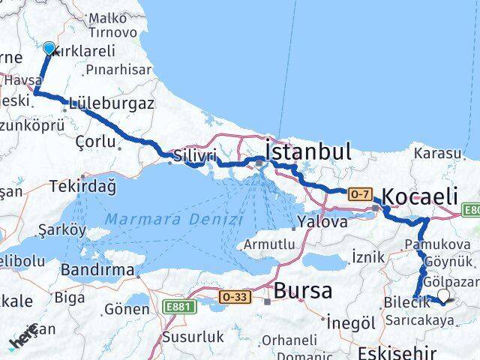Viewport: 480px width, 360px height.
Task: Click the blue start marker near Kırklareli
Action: click(49, 49)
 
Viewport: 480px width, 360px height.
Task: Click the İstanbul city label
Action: click(308, 151)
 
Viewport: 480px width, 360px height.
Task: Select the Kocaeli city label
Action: click(419, 196)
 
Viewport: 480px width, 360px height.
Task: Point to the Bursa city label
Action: click(302, 291)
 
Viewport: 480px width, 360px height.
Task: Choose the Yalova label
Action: click(322, 222)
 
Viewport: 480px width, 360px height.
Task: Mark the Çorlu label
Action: click(93, 139)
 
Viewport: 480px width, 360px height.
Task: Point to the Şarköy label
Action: click(62, 229)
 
